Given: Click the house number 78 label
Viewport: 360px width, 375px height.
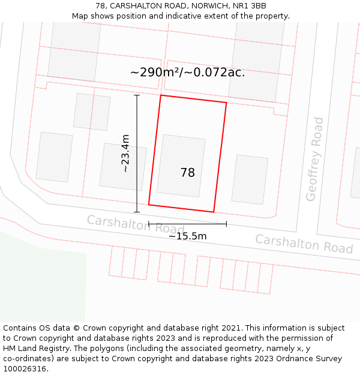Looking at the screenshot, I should point(188,173).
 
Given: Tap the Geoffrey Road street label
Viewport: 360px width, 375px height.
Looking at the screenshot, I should point(314,159).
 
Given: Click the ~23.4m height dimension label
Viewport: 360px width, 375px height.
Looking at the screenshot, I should point(125,154).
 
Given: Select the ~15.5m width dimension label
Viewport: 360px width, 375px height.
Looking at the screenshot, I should point(187,236).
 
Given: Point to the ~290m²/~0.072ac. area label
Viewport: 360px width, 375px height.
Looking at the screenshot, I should point(187,73).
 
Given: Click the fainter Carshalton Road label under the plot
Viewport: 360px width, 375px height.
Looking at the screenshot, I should point(136,224).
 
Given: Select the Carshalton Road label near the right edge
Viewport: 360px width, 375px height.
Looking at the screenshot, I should point(304,244).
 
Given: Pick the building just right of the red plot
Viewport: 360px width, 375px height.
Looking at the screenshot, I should point(250,179).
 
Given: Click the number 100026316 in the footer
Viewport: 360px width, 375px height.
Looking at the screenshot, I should point(25,369).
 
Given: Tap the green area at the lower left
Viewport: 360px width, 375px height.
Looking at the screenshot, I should point(36,282).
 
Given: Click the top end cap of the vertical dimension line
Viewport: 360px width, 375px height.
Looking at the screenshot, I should point(137,95).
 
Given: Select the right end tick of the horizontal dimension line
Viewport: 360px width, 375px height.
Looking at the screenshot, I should point(226,224).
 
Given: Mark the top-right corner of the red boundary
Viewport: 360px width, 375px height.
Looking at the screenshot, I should point(226,103).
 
